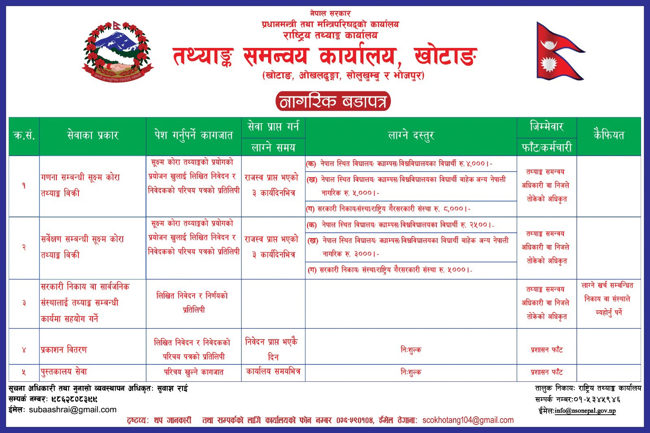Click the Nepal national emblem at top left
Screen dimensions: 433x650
pos(118,51)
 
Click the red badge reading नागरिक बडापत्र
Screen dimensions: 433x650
pos(333,102)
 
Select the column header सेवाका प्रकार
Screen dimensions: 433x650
pos(93,136)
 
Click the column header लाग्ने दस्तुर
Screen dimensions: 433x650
pos(411,136)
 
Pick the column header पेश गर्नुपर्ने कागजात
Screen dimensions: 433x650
pos(193,136)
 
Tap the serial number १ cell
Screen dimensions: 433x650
pos(24,186)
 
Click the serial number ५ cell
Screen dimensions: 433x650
pos(24,372)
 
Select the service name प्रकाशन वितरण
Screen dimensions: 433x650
pos(64,349)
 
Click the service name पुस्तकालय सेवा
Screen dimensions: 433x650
pos(64,372)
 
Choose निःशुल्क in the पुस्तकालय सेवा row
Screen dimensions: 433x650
pos(411,372)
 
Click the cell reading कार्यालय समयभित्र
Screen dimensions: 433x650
pos(273,371)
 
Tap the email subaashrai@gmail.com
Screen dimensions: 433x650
pos(73,409)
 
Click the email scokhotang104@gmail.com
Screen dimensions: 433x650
pos(468,420)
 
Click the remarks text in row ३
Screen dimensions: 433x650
pos(608,299)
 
